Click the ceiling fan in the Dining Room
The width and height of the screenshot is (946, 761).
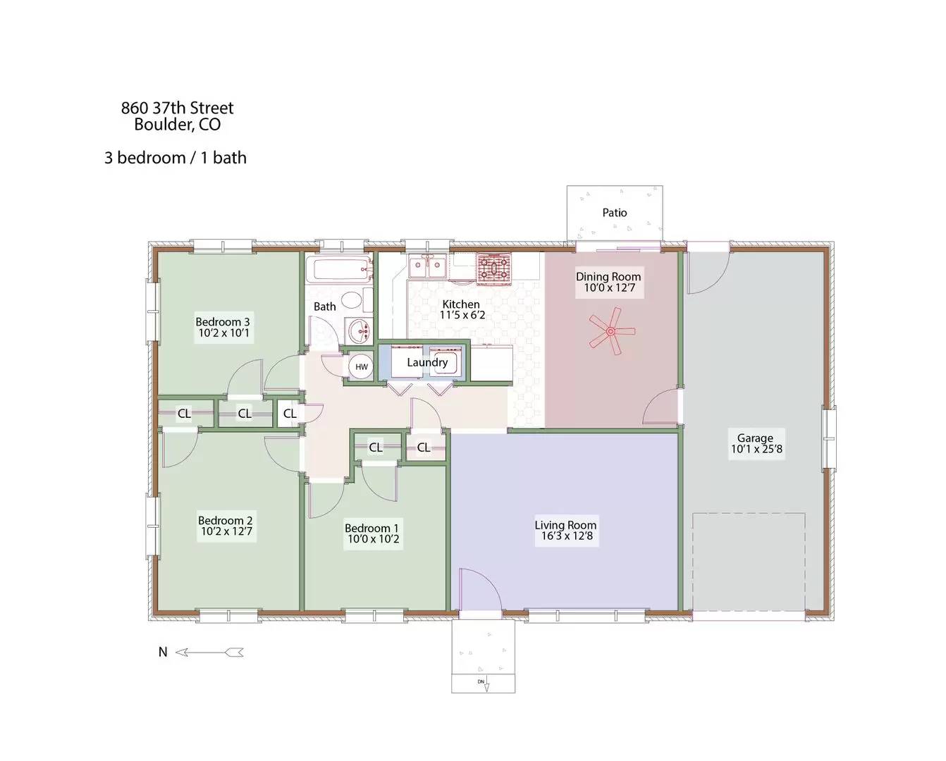(x=611, y=330)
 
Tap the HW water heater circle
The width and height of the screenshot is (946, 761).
(x=361, y=366)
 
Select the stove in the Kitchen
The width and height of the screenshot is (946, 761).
(x=494, y=268)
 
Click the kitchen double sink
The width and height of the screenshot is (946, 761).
(x=428, y=267)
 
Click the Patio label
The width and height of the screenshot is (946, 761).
(x=614, y=212)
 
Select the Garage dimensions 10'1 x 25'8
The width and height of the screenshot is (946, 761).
(x=756, y=449)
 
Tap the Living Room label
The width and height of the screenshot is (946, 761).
(x=565, y=524)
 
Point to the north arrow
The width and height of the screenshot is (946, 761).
(x=209, y=652)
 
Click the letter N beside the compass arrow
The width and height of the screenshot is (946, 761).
(x=163, y=652)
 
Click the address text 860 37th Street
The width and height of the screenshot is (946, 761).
(x=177, y=108)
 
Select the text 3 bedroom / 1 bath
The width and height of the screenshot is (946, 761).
(x=176, y=158)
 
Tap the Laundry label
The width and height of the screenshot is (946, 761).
(x=427, y=362)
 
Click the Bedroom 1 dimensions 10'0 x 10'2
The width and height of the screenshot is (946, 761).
(x=373, y=539)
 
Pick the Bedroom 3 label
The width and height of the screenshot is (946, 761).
(x=223, y=322)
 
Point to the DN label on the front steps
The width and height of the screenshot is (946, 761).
(x=481, y=681)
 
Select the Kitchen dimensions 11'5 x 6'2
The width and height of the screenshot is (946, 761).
(x=462, y=315)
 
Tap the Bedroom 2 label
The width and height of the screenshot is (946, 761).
(x=225, y=521)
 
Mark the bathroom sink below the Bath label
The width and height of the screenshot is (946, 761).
(x=360, y=329)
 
